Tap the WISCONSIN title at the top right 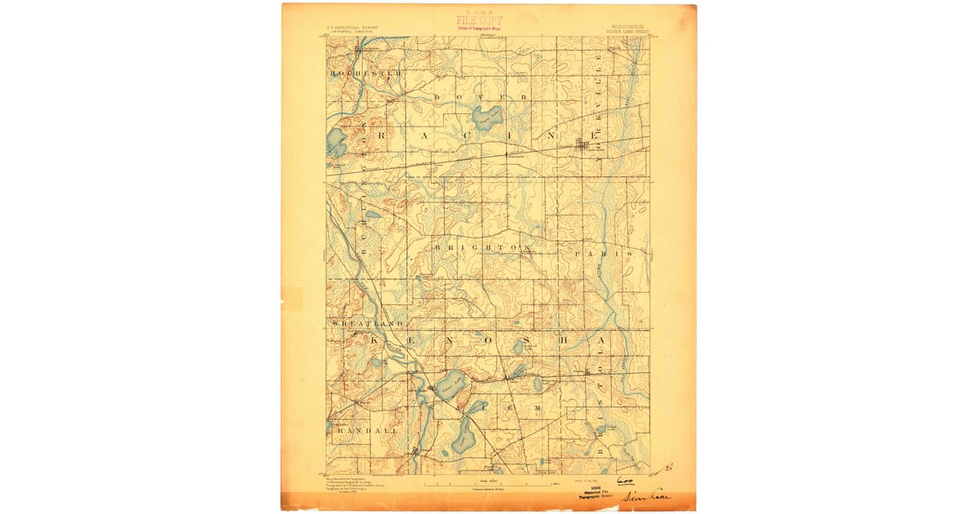point(627,26)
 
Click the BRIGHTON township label point(483,246)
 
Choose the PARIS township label point(603,254)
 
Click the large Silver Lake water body point(449,384)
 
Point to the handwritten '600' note point(625,481)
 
